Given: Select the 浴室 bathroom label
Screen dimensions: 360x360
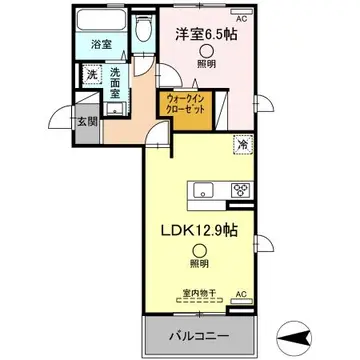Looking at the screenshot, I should [101, 45].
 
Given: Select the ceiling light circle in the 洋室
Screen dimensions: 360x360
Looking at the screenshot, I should [205, 53].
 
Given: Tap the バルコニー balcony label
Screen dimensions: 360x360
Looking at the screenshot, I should [200, 332].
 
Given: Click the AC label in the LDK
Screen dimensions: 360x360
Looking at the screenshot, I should [241, 293].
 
